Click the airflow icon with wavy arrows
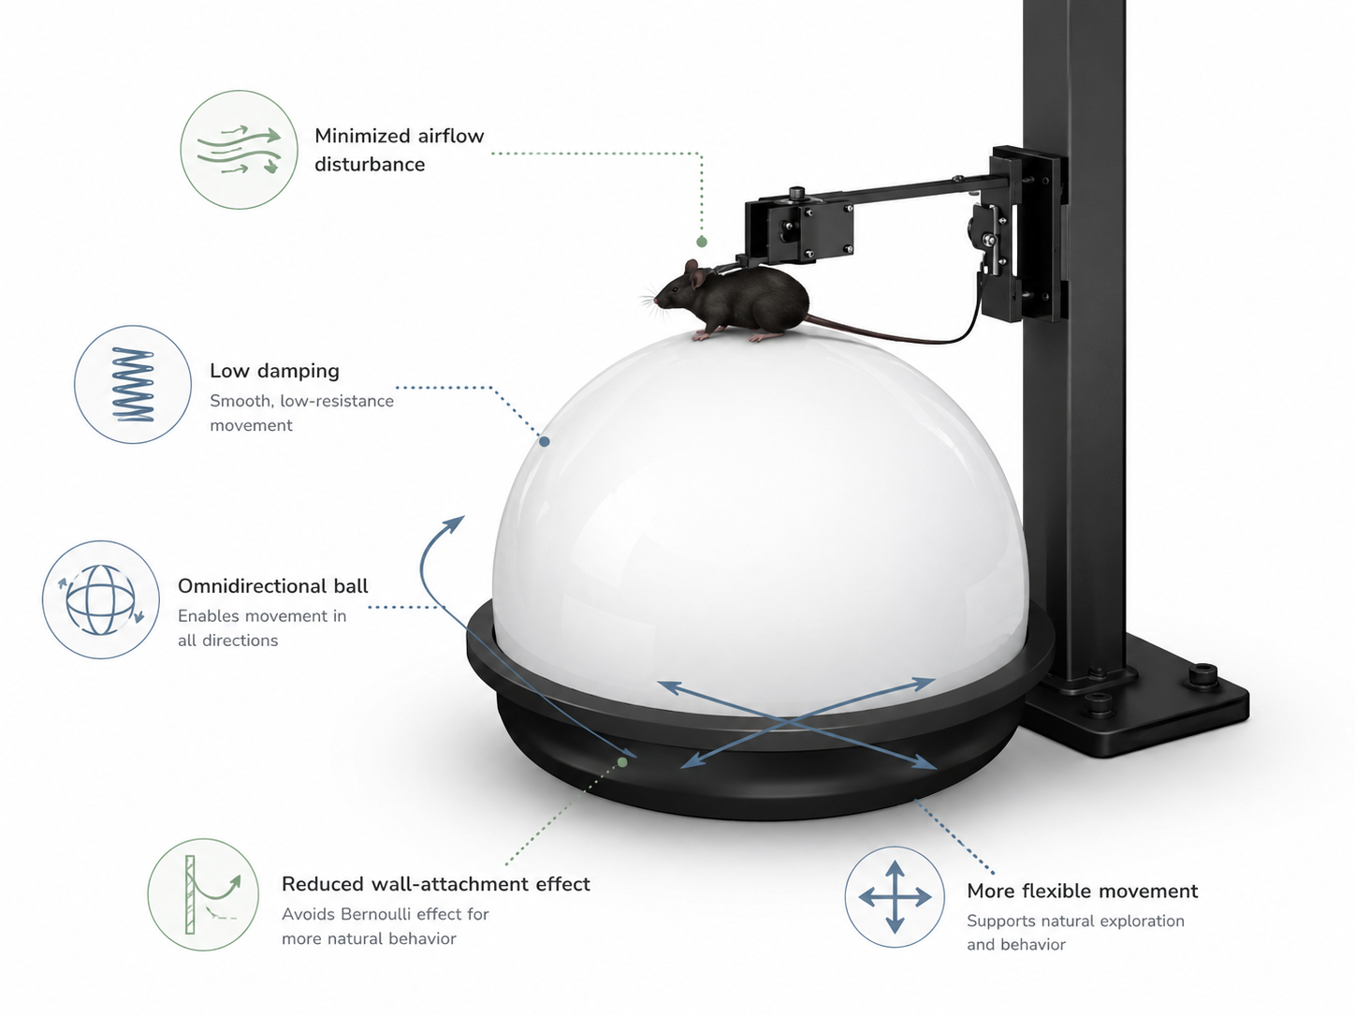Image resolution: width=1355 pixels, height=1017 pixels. coord(239,150)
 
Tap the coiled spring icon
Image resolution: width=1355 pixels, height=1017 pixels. coord(133,384)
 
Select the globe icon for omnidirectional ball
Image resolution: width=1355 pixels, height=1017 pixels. coord(101,599)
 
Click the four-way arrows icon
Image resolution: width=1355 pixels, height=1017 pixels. coord(895,896)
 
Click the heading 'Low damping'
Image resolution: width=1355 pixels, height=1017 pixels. coord(275,371)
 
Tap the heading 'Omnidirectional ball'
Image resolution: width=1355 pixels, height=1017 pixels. coord(273,586)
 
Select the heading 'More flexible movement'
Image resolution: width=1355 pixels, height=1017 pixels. coord(1082,891)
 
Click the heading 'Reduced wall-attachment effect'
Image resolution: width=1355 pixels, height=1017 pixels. coord(436,884)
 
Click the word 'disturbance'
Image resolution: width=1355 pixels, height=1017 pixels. coord(370,164)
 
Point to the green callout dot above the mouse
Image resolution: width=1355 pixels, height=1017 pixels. coord(701,242)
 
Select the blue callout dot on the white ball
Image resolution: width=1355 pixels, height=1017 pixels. coord(544,441)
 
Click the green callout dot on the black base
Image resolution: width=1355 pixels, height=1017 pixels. coord(622,762)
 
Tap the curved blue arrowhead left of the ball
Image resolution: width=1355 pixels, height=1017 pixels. coord(456,523)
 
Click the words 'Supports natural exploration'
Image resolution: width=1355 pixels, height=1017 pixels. coord(1075,921)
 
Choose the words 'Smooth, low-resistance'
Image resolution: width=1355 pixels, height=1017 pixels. coord(302,401)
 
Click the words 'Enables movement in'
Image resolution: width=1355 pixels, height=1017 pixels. coord(262,615)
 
